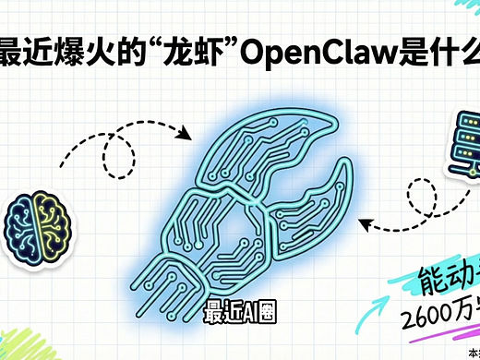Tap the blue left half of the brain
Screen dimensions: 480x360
pyautogui.click(x=25, y=222)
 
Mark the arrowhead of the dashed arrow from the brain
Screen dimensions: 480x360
pyautogui.click(x=186, y=135)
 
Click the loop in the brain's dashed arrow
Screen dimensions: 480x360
pyautogui.click(x=118, y=157)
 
